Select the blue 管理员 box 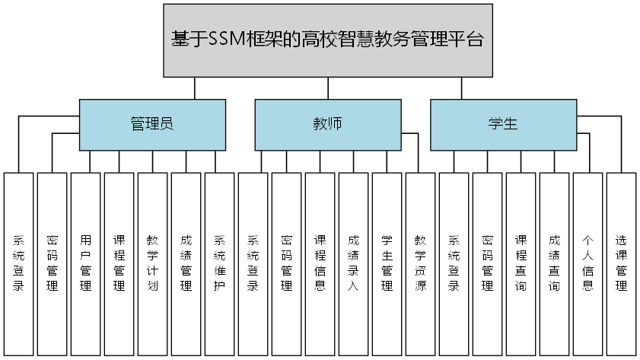(152, 124)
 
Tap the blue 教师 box (327, 124)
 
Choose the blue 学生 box (503, 124)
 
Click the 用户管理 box (85, 263)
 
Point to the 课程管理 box (119, 263)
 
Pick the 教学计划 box (152, 263)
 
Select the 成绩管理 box (186, 263)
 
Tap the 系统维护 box (219, 263)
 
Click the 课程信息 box (320, 263)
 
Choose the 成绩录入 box (353, 263)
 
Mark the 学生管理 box (387, 263)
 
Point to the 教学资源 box (420, 263)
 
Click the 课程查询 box (521, 263)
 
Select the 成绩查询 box (554, 263)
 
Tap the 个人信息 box (587, 263)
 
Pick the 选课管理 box (621, 263)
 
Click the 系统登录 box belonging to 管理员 (18, 263)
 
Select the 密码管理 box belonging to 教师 (286, 263)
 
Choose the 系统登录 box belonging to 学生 (454, 263)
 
